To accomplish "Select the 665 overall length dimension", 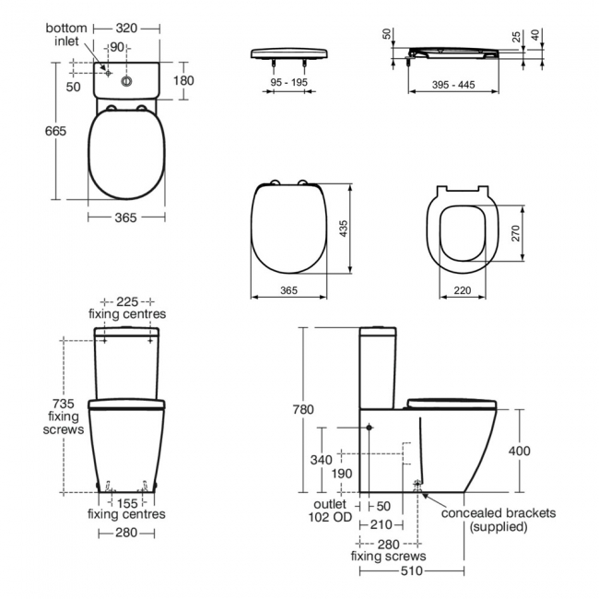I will [x=55, y=132].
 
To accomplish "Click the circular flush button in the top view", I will [x=126, y=80].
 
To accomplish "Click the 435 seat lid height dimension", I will [x=346, y=228].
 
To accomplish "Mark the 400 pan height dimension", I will [x=520, y=451].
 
